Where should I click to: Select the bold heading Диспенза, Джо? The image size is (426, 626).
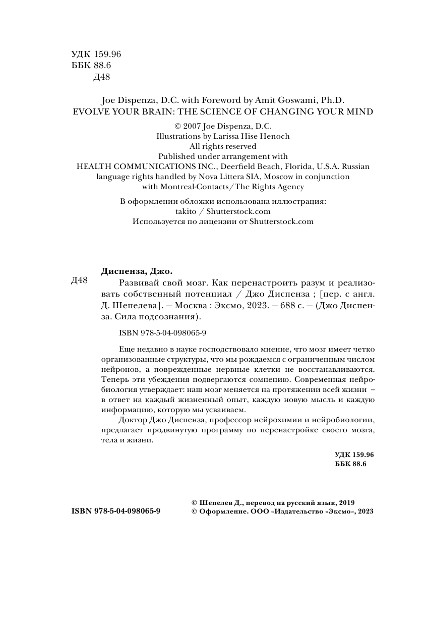click(133, 270)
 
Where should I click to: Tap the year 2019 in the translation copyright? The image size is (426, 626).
click(347, 502)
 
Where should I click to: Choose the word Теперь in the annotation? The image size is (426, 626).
click(113, 379)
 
